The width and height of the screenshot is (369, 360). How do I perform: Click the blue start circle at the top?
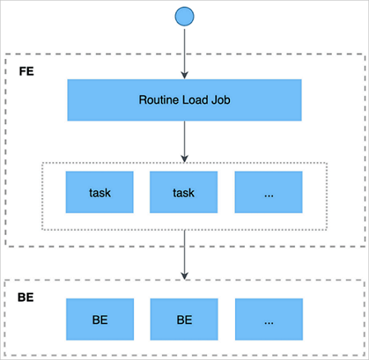coord(184,15)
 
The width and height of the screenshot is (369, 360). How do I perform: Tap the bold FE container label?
coord(25,72)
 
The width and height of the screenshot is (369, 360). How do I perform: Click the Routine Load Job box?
coord(184,100)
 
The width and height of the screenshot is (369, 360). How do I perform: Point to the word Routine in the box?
coord(156,100)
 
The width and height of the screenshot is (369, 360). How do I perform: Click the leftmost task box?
coord(99,196)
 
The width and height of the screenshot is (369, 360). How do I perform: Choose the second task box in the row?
coord(184,196)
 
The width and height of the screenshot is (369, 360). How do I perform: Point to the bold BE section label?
coord(25,298)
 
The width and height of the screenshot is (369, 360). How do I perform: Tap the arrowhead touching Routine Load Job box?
coord(184,76)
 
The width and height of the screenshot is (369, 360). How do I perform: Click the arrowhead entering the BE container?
coord(184,275)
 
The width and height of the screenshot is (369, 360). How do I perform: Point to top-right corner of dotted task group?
coord(326,164)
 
